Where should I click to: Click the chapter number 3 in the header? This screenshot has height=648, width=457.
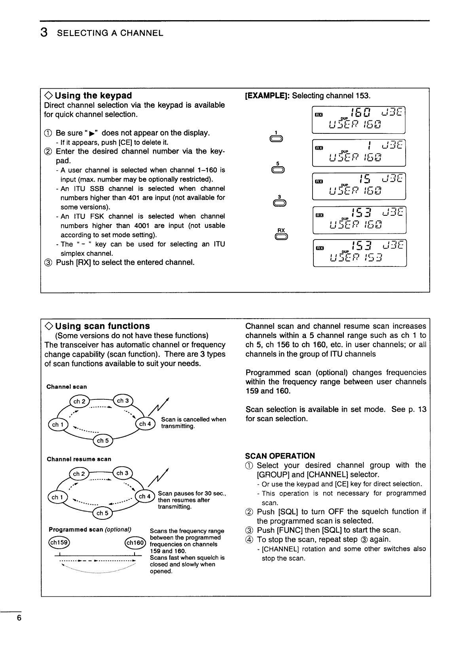coord(45,32)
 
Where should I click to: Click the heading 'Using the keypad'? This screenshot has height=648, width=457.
coord(93,95)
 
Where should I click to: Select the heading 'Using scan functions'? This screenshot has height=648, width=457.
coord(102,326)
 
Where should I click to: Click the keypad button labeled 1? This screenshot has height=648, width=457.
coord(278,139)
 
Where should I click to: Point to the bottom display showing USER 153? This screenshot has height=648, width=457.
coord(359,253)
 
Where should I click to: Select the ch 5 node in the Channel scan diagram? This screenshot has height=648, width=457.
coord(102,441)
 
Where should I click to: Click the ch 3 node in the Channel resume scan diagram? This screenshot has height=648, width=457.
coord(123,473)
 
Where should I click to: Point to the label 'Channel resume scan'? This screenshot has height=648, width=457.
coord(79,459)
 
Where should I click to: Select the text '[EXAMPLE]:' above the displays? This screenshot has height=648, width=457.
coord(267,96)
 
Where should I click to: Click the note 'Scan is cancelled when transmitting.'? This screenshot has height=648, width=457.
coord(193,423)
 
